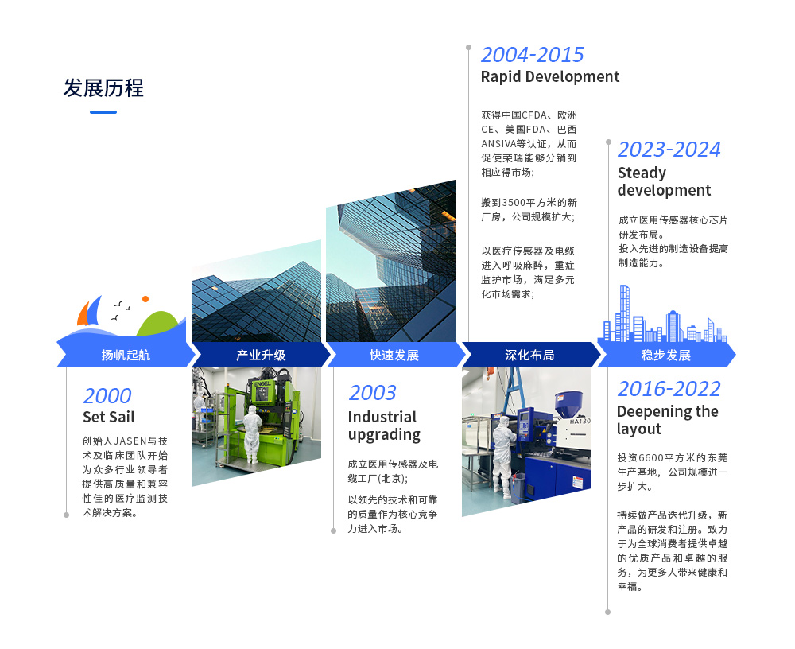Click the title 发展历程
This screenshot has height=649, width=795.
[103, 87]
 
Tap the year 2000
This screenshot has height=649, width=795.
[107, 396]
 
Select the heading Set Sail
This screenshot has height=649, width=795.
[108, 417]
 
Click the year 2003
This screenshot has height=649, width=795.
[372, 393]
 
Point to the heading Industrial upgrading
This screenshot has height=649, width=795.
[384, 426]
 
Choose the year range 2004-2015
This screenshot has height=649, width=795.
[533, 55]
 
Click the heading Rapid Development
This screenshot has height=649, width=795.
[549, 76]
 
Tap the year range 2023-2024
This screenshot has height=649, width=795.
[669, 150]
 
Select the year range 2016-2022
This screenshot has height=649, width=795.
[669, 389]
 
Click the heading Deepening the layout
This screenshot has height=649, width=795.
[667, 420]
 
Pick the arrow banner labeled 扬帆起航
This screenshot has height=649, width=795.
[126, 355]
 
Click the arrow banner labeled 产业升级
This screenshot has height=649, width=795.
[261, 355]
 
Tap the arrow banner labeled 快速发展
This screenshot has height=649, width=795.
[394, 355]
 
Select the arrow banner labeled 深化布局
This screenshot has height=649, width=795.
[529, 355]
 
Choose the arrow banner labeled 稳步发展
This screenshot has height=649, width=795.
[665, 355]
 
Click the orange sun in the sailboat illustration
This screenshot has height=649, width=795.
[145, 299]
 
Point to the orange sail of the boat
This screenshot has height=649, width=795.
[83, 313]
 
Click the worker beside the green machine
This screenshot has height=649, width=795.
[252, 433]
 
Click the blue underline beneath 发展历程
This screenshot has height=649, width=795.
[103, 112]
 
